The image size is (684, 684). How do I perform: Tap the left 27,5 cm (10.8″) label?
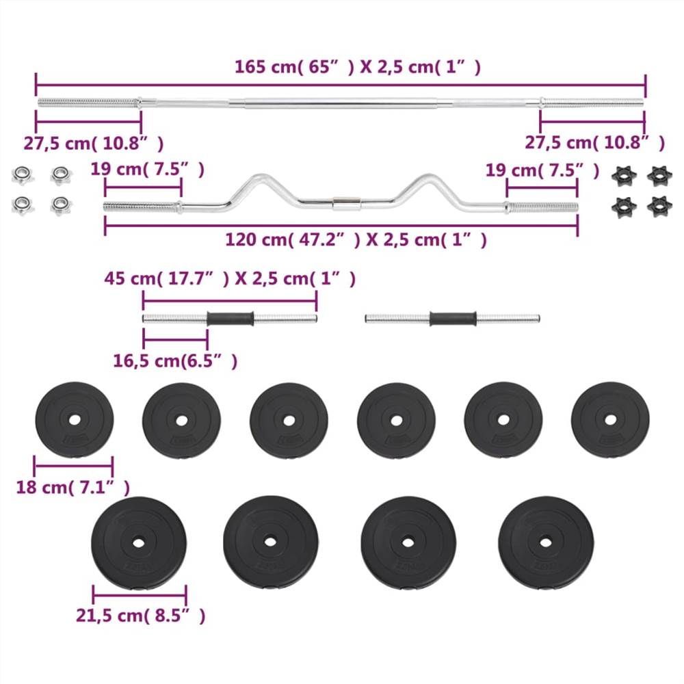coord(94,143)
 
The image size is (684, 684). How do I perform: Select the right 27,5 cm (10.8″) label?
coord(594,143)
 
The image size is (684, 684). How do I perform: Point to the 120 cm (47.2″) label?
coord(356,240)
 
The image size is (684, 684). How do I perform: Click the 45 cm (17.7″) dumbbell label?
coord(230,279)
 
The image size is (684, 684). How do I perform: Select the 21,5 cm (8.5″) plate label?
coord(140,616)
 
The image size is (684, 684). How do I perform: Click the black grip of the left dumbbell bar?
coord(231,319)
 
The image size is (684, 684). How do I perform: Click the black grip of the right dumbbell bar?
coord(452,319)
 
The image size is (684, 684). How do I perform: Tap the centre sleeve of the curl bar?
coord(345,203)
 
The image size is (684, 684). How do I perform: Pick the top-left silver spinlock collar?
coord(22,175)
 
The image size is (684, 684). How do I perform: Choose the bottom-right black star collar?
coord(659,205)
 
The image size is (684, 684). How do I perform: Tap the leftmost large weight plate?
coord(139,543)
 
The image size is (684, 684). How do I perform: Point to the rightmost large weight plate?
coord(545,543)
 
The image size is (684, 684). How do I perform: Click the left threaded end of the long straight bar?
coord(88,103)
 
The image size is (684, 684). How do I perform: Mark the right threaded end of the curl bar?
coord(542,207)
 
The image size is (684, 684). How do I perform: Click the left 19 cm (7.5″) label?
coord(148,170)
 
